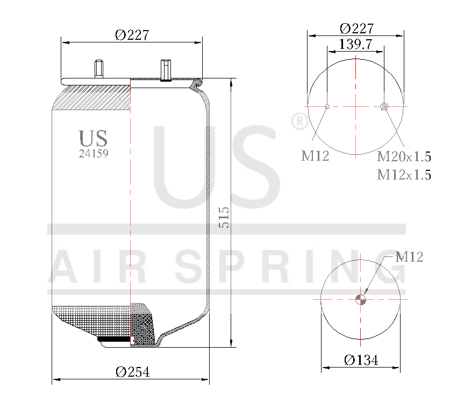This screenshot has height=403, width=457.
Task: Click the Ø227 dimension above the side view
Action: click(x=132, y=35)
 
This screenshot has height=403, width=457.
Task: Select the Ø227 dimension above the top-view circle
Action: click(x=356, y=28)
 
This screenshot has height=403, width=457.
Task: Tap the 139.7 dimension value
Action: click(x=356, y=45)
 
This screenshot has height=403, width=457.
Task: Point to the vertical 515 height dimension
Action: click(x=225, y=217)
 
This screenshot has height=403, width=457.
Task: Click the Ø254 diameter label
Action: click(x=132, y=372)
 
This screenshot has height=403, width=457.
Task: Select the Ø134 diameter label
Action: click(x=361, y=360)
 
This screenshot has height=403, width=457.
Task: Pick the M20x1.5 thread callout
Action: click(x=404, y=157)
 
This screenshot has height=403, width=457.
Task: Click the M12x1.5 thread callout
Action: click(x=404, y=175)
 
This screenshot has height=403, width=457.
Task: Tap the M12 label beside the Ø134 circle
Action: click(x=409, y=257)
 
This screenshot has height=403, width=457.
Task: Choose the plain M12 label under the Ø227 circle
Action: click(x=315, y=156)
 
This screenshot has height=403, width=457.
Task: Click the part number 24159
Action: click(x=94, y=153)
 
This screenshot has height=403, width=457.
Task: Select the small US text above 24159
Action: click(x=93, y=138)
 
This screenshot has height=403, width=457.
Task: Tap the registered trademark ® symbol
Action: click(x=298, y=122)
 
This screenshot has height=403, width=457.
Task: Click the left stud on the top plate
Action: click(x=98, y=69)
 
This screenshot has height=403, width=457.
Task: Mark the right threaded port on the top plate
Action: click(x=165, y=70)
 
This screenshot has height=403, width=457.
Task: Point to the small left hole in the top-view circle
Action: click(x=327, y=106)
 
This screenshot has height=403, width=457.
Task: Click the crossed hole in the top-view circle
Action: click(x=384, y=106)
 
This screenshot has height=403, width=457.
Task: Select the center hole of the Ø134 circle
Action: click(x=361, y=300)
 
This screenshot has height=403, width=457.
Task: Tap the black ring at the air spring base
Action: click(x=114, y=339)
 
